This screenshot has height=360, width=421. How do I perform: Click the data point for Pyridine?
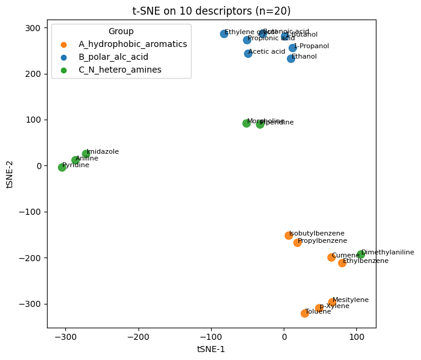pyautogui.click(x=62, y=167)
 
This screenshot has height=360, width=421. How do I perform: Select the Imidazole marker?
pyautogui.click(x=86, y=154)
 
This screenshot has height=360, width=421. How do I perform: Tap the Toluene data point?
pyautogui.click(x=304, y=314)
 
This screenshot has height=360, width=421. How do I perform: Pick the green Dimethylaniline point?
pyautogui.click(x=361, y=254)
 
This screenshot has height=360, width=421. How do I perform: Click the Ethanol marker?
pyautogui.click(x=291, y=59)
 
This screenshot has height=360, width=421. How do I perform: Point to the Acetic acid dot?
pyautogui.click(x=248, y=54)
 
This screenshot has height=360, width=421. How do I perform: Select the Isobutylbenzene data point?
pyautogui.click(x=289, y=236)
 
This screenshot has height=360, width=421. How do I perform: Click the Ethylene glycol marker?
pyautogui.click(x=224, y=34)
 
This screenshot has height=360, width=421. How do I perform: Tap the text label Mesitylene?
pyautogui.click(x=350, y=300)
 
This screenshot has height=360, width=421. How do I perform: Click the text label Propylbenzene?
pyautogui.click(x=322, y=241)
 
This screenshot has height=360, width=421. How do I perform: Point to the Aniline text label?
pyautogui.click(x=87, y=159)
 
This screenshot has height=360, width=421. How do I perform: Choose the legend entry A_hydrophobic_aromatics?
pyautogui.click(x=132, y=45)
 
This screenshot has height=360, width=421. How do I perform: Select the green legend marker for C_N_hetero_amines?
pyautogui.click(x=64, y=70)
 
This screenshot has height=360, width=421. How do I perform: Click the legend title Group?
pyautogui.click(x=121, y=31)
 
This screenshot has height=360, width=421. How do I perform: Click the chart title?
pyautogui.click(x=211, y=11)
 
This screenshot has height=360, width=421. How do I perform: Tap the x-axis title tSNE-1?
pyautogui.click(x=211, y=349)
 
